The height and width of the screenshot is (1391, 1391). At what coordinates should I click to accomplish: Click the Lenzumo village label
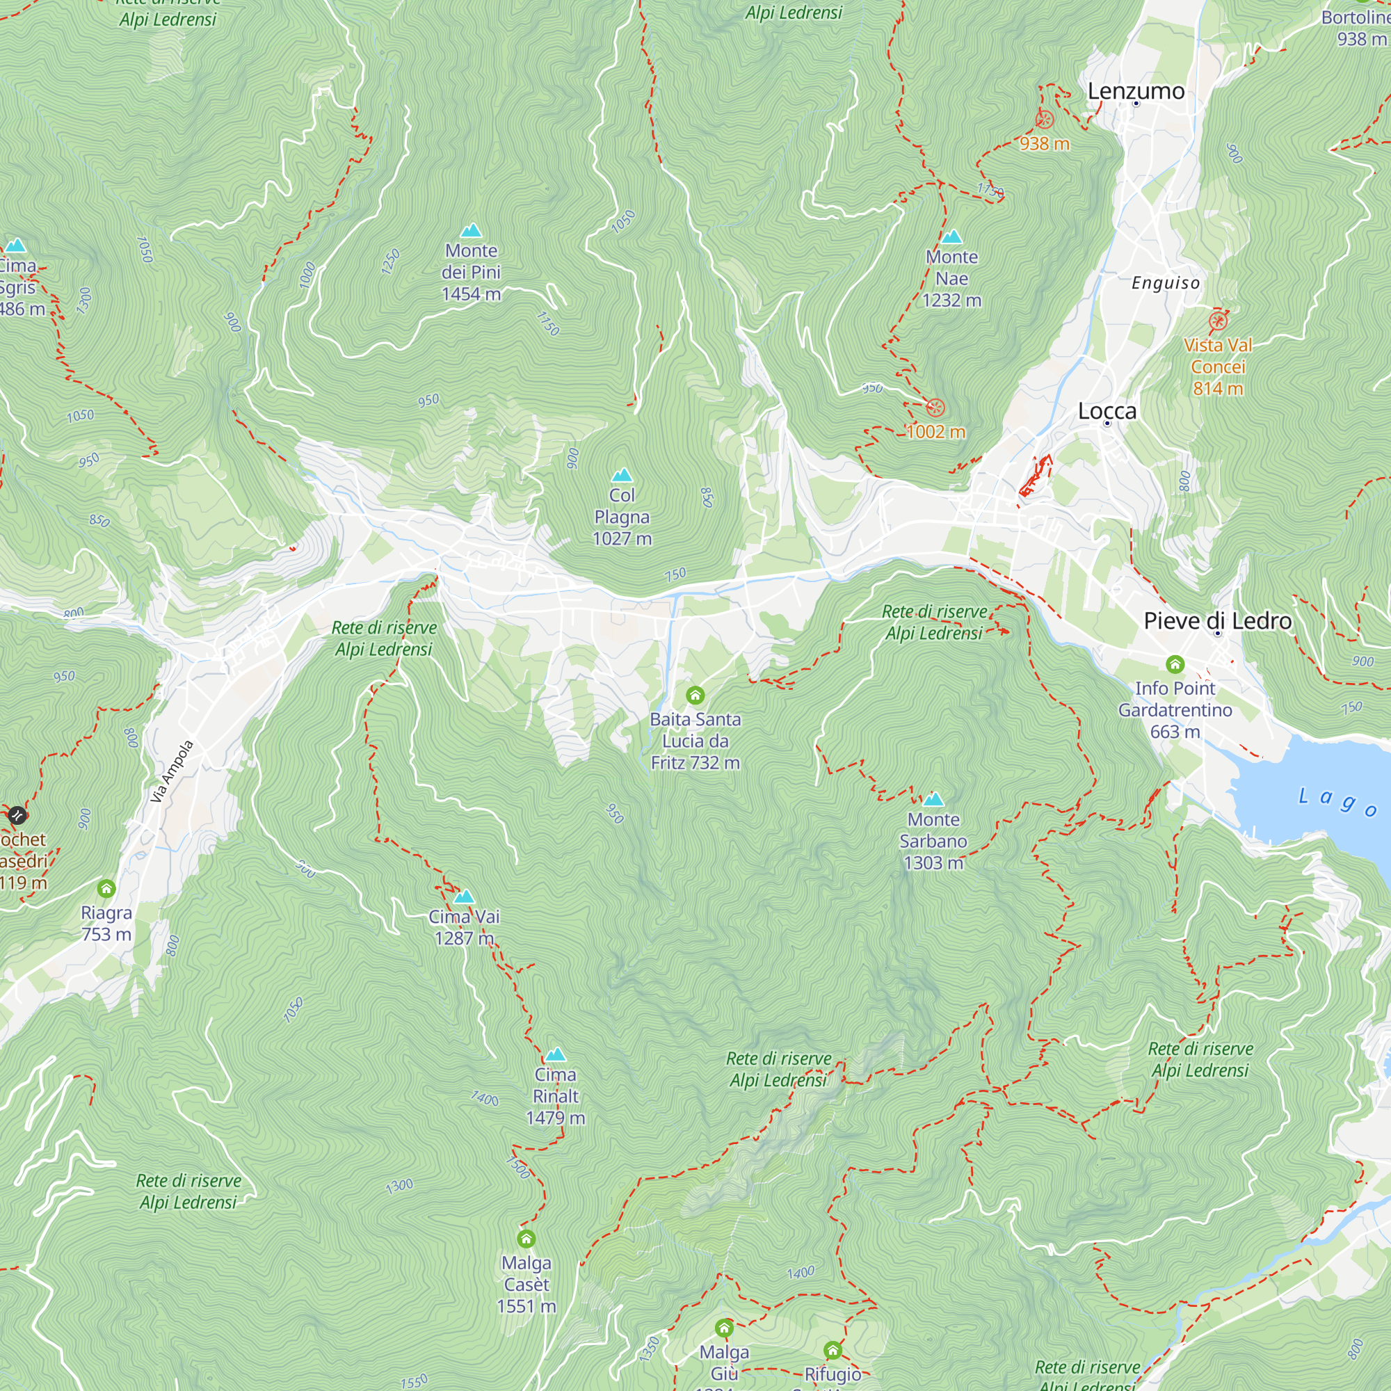1136,91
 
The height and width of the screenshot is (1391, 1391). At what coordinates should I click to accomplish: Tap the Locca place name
1107,411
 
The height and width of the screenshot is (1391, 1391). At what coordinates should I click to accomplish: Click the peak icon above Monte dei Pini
471,230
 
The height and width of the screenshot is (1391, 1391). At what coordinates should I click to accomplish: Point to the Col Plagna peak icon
621,475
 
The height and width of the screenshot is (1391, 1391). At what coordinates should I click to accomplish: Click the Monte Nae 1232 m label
951,279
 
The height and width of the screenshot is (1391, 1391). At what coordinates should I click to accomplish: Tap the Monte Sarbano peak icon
933,799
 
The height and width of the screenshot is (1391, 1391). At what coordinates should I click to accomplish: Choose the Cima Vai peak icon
465,897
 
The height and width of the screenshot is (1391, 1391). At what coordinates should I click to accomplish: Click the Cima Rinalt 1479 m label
555,1096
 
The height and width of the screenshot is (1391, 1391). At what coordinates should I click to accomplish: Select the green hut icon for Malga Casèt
526,1239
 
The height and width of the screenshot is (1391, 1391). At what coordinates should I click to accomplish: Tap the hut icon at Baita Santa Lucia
695,695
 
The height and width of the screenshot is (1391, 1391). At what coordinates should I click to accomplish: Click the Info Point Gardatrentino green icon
1175,664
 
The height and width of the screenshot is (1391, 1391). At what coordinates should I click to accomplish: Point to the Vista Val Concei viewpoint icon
1219,321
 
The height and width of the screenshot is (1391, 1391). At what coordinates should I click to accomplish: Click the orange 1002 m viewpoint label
935,432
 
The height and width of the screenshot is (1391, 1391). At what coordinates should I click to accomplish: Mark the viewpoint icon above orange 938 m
1044,120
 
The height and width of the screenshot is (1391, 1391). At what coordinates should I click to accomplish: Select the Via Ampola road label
172,772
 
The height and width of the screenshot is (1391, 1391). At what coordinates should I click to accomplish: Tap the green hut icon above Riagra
106,888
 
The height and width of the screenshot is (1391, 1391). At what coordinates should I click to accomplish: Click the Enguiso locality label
1166,283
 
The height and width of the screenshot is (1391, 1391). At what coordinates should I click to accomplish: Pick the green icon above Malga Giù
724,1328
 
